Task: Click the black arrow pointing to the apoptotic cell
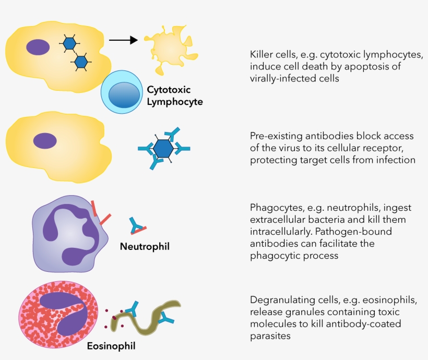point(123,40)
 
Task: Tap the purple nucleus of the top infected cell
point(38,47)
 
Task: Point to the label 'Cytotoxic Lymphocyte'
point(174,95)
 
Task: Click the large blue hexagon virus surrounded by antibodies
point(164,149)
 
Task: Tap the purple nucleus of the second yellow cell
point(45,140)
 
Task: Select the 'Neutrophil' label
point(145,245)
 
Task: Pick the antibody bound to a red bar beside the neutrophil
point(138,225)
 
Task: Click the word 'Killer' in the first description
point(262,55)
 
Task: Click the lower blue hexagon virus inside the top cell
point(81,62)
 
